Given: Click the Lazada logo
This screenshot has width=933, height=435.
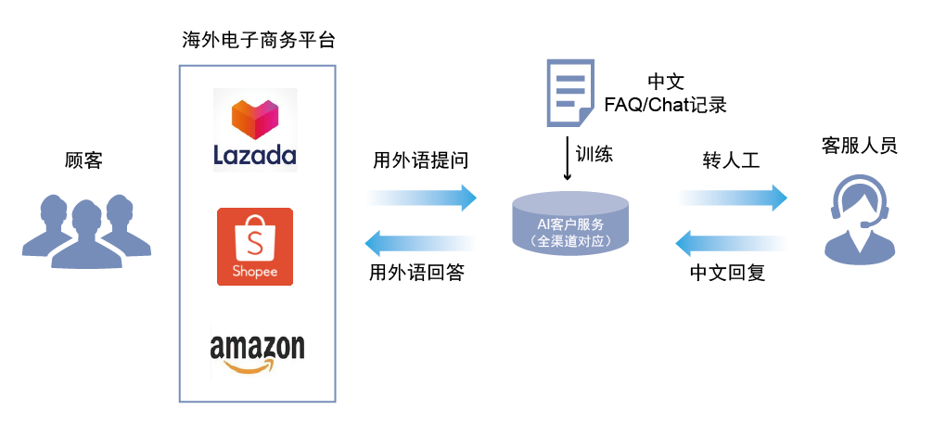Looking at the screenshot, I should click(x=255, y=130).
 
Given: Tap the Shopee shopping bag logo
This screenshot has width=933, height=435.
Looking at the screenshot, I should click(x=254, y=247).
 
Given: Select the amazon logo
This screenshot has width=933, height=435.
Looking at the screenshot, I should click(x=257, y=353).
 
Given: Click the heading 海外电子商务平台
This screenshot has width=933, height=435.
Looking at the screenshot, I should click(x=258, y=41).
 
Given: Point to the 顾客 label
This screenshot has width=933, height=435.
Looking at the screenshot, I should click(x=83, y=160).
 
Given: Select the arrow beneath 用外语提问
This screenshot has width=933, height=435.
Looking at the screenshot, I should click(x=422, y=197).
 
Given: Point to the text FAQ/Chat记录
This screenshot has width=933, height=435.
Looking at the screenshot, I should click(x=665, y=105).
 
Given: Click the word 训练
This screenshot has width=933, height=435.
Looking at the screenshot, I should click(x=594, y=154).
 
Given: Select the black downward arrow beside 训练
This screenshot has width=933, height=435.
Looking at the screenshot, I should click(x=568, y=160).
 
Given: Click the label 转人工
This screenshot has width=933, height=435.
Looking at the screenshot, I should click(x=731, y=160).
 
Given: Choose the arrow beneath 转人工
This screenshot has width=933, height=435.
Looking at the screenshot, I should click(x=733, y=197).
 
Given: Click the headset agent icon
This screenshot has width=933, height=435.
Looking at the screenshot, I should click(x=860, y=220).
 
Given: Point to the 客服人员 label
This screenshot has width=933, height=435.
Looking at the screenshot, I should click(x=860, y=146).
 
